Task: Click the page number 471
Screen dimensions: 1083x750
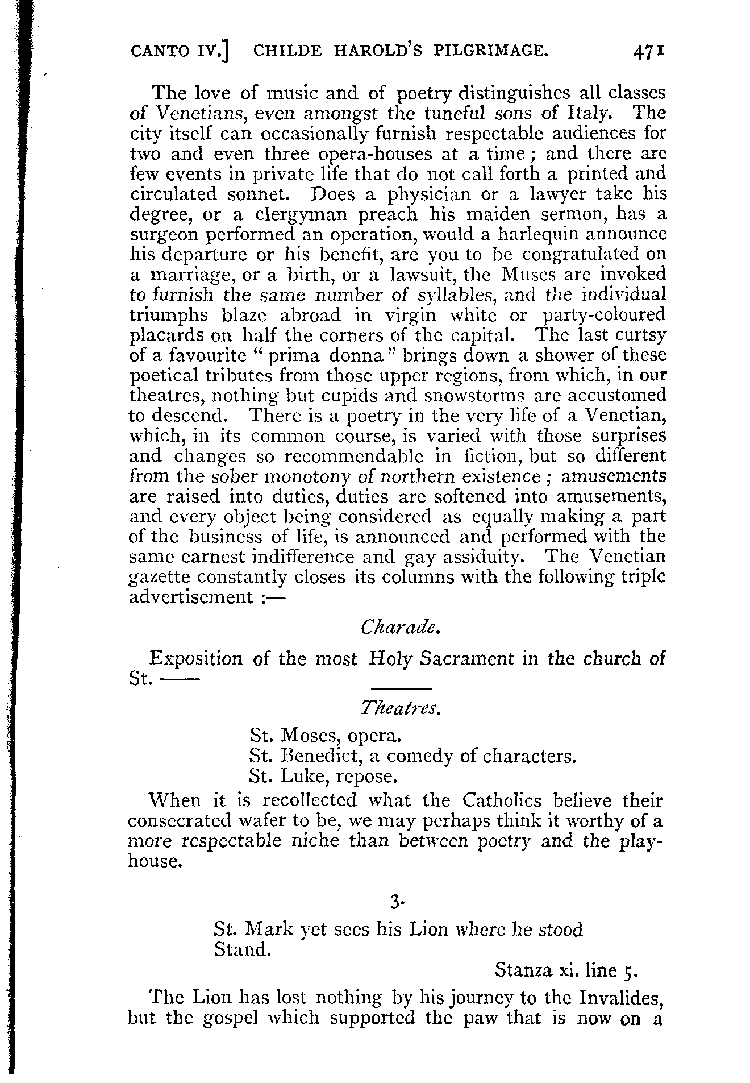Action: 647,52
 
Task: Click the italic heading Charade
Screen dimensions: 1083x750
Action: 399,627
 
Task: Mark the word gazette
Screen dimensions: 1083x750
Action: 159,578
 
